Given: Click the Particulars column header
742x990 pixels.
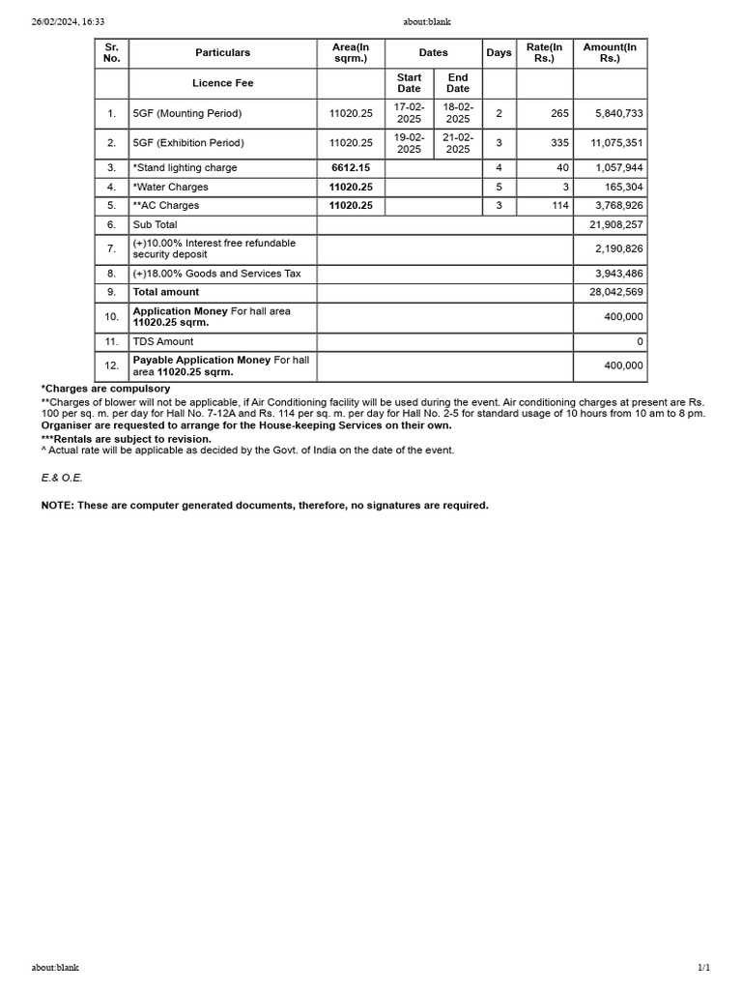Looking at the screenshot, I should tap(222, 52).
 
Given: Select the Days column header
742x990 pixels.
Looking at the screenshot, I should tap(499, 52).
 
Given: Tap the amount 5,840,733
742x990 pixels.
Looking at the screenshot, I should tap(619, 113).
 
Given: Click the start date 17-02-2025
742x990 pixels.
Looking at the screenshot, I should tap(409, 113).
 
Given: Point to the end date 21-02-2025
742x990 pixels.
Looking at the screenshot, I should tap(458, 143).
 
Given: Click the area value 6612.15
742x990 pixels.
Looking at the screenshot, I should tap(351, 167).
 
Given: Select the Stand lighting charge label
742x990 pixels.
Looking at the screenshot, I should tap(185, 167).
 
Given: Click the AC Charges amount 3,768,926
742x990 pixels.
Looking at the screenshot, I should tap(619, 205).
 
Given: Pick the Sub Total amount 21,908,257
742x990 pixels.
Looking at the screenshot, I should tap(615, 224).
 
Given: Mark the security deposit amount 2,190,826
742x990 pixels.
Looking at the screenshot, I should tap(619, 248).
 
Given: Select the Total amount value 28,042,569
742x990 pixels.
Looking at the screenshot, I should tap(615, 292).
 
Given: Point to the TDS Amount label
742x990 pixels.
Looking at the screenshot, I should tap(163, 341).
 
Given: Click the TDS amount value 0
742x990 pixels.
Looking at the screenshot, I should tap(640, 341).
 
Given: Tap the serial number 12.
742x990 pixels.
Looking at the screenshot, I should tap(112, 365).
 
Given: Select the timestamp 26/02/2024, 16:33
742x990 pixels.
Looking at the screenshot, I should tap(68, 21).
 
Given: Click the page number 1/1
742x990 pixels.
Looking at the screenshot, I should tap(703, 967).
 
